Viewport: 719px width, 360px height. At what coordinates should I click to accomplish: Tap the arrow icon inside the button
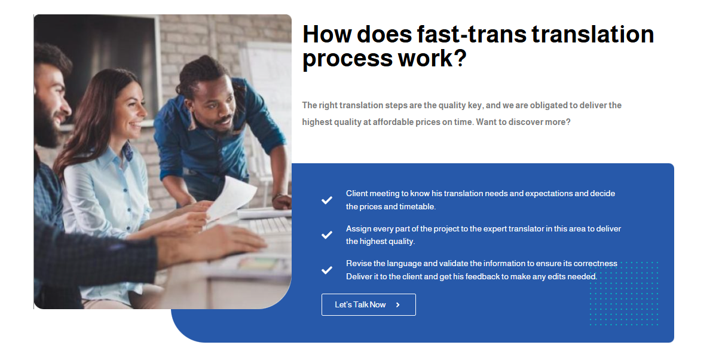398,305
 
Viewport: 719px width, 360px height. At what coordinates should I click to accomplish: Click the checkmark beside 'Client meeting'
326,200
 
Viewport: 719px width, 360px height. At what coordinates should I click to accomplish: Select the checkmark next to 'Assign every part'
326,235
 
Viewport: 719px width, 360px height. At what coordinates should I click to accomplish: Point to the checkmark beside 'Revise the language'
326,270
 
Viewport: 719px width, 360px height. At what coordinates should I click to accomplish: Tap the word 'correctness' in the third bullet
595,264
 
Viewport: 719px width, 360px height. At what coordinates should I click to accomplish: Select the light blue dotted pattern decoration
624,293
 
